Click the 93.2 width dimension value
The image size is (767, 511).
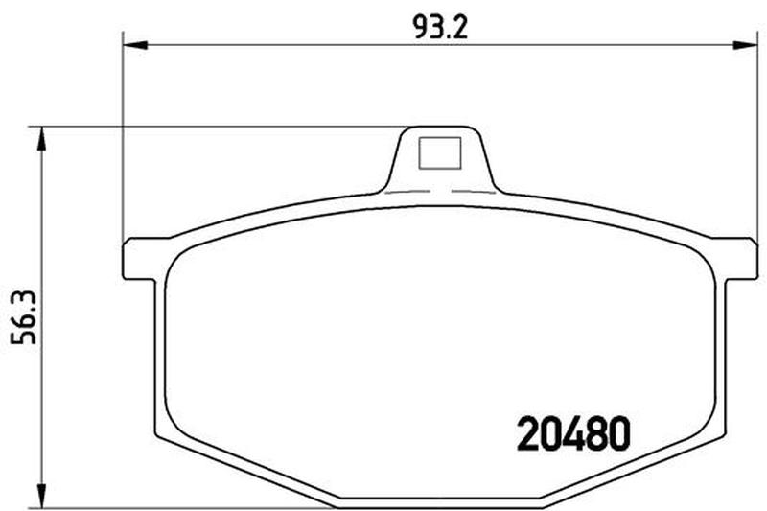click(x=440, y=28)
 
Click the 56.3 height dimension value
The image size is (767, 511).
click(x=24, y=318)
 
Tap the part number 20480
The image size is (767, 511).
click(x=573, y=433)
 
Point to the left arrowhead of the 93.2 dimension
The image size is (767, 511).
click(x=135, y=45)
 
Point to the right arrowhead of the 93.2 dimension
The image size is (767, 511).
click(x=746, y=45)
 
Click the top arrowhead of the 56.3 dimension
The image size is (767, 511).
click(x=42, y=139)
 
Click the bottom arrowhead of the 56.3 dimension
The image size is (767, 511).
click(x=42, y=495)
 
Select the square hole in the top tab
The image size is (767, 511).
click(x=440, y=153)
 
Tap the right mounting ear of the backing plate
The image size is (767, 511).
click(x=738, y=259)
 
